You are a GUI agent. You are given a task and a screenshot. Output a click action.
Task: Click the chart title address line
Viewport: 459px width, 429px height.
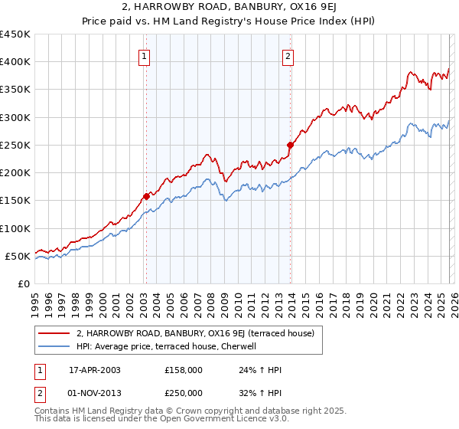[x=229, y=8]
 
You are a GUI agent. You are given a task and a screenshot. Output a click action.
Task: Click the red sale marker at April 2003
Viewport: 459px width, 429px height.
[x=146, y=196]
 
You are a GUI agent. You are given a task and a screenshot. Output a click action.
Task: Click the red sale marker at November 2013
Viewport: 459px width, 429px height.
[x=290, y=145]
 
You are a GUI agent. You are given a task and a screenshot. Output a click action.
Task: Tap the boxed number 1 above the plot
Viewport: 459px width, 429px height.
[x=145, y=54]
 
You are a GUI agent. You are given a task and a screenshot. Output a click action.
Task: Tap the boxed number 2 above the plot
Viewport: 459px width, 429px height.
[x=288, y=54]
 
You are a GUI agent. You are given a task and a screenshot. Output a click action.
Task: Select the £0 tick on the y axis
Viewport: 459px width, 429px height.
[x=24, y=283]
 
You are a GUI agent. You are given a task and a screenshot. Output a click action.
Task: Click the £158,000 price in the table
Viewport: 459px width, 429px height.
[x=183, y=370]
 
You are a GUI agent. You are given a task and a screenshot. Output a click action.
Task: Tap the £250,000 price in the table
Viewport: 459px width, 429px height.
[x=183, y=393]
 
